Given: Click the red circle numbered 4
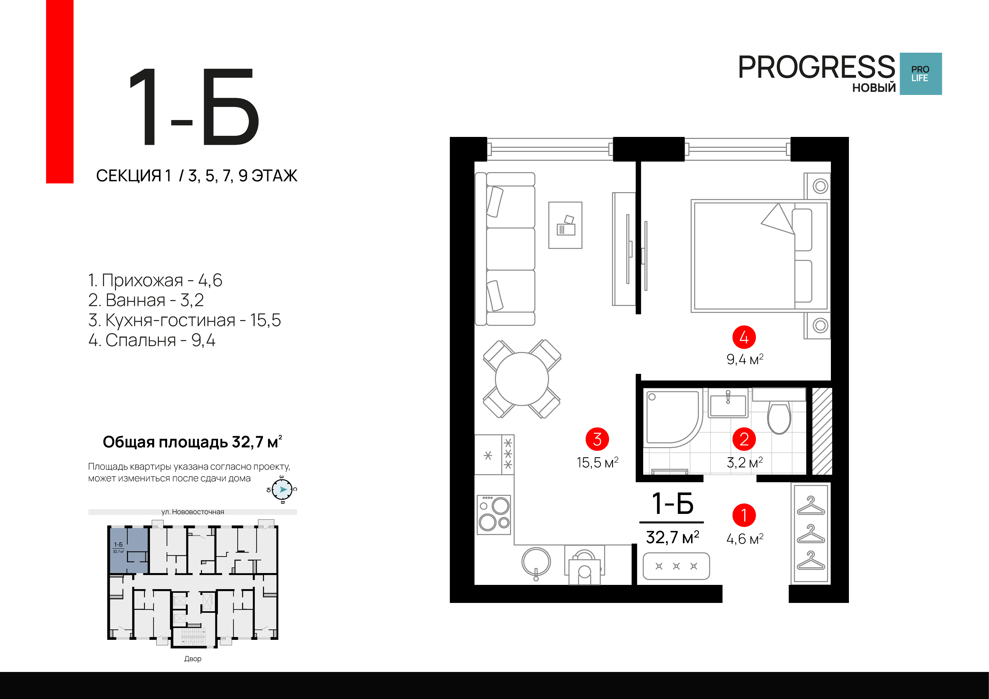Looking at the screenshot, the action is (x=744, y=337).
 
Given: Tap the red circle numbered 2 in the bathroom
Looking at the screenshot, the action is (x=744, y=439).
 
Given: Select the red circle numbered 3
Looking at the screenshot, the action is (x=597, y=439).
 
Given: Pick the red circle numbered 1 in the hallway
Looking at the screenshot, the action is (x=744, y=515).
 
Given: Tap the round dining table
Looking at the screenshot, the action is (x=522, y=379).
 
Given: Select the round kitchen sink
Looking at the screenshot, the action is (x=536, y=562).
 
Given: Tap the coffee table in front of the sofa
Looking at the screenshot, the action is (x=565, y=225).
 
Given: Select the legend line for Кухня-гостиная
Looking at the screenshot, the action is (x=184, y=320).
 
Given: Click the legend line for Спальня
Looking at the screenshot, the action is (x=152, y=340).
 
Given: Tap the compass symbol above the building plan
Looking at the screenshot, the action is (x=282, y=489).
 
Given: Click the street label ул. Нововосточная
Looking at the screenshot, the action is (x=193, y=512).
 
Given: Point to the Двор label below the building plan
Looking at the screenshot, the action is (x=193, y=658).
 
